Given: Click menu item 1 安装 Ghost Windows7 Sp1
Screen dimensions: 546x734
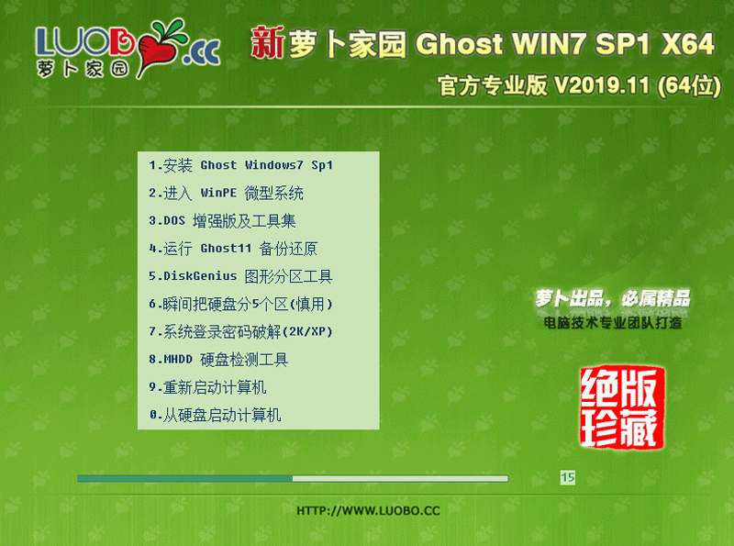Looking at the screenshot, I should tap(240, 166).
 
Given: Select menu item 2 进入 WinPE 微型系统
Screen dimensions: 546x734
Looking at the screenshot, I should tap(226, 194).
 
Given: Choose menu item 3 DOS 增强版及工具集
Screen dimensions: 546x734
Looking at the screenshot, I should tap(222, 221).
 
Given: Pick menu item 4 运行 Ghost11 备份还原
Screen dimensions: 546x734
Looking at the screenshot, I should tap(233, 249).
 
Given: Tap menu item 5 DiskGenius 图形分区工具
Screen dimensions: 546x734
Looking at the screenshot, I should tap(240, 276).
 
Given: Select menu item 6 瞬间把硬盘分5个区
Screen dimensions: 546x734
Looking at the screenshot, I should tap(240, 304).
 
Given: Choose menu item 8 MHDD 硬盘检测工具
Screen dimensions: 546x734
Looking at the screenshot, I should tap(218, 359).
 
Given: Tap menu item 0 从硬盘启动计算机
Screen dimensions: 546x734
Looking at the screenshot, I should tap(215, 415).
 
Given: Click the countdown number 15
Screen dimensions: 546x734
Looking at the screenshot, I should tap(567, 477).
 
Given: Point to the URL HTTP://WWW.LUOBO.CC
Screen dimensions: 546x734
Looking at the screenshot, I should tap(369, 509).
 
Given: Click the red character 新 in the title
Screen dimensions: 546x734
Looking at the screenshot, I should tap(267, 43).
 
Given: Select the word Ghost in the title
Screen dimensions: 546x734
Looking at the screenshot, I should tap(459, 44).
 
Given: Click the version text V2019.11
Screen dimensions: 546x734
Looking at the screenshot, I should tap(599, 86).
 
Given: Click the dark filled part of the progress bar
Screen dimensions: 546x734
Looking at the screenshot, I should tap(184, 478).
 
